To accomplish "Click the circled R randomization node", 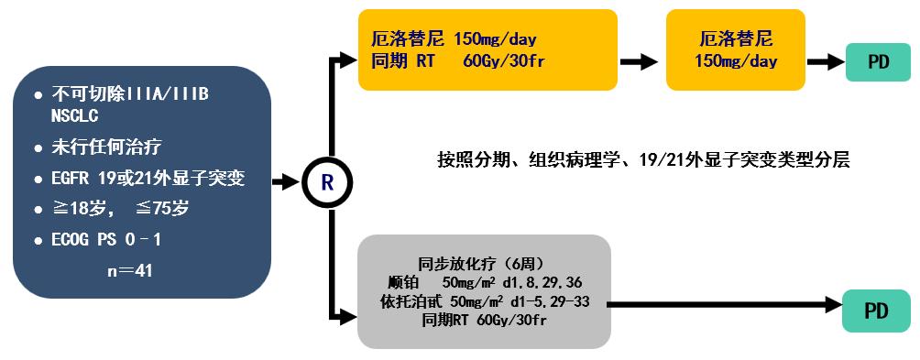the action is point(327,181).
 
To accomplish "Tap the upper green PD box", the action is point(879,63).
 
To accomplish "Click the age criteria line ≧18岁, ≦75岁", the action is point(121,209).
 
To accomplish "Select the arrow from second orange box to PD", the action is point(824,62).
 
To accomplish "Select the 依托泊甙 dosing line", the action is point(484,300).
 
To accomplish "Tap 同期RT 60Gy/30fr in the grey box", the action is point(484,321).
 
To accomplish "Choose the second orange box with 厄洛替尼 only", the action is point(736,50).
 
